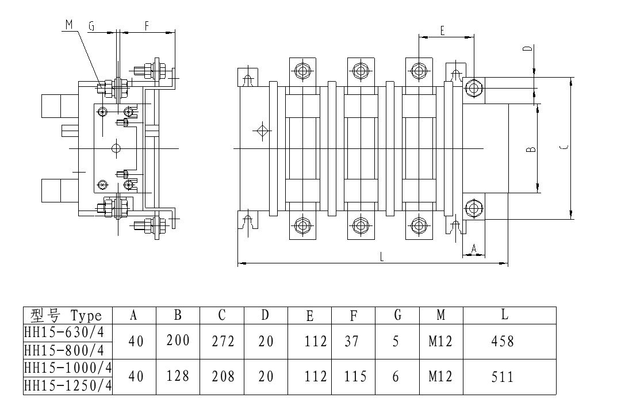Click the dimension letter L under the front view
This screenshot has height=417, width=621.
[x=382, y=258]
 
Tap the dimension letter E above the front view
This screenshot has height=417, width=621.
[x=442, y=31]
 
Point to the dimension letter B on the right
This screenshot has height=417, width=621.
[x=532, y=150]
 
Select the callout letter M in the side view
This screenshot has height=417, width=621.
[x=69, y=24]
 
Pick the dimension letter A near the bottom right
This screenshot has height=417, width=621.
[x=474, y=248]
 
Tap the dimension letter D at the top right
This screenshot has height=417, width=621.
[x=527, y=49]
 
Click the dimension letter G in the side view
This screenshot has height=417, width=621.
[x=91, y=26]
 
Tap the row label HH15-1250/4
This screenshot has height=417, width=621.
[x=67, y=386]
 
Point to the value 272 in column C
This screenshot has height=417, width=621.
[x=222, y=341]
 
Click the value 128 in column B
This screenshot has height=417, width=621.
[x=178, y=376]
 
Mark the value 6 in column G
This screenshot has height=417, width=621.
[x=395, y=377]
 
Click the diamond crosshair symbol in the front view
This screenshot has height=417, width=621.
[x=262, y=130]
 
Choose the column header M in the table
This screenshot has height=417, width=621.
[x=441, y=315]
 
